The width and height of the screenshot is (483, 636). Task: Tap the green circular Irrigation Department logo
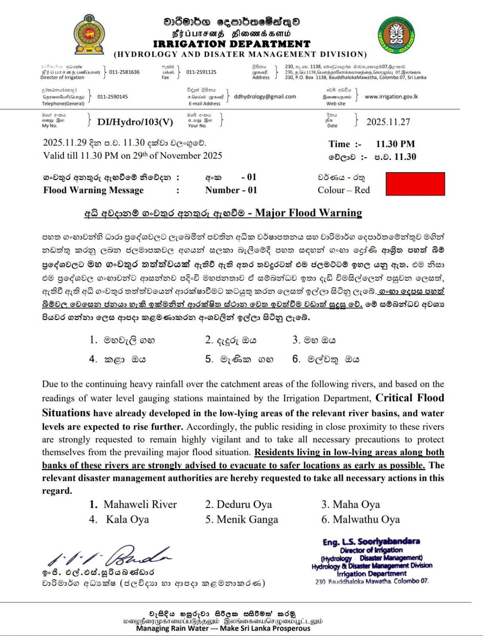coord(396,35)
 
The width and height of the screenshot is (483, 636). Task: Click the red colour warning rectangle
coord(415,184)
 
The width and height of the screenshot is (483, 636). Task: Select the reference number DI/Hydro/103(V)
coord(135,122)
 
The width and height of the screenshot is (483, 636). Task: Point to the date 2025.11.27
coord(388,122)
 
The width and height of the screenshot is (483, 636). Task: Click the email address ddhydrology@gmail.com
coord(265,97)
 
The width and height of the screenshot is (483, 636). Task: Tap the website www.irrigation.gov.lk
coord(391,97)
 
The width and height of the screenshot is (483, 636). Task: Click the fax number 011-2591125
coord(201,72)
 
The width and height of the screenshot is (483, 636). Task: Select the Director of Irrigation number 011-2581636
coord(124,72)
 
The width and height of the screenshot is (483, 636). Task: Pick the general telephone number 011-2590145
coord(112,97)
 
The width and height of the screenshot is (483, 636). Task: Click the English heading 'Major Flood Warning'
coord(308,213)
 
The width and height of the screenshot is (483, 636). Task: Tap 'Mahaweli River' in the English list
coord(140,504)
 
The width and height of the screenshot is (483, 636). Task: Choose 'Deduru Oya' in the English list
coord(244,504)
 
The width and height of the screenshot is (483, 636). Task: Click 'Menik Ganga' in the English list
coord(247,520)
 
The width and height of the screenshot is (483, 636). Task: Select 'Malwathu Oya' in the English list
coord(366,520)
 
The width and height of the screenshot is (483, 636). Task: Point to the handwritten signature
coord(111,556)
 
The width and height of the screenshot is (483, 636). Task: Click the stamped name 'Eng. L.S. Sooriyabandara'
coord(371,541)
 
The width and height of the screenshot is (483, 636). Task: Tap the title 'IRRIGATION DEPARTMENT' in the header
coord(232,44)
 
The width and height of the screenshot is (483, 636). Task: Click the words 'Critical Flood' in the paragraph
coord(410,398)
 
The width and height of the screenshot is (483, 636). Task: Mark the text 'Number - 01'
coord(231,190)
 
